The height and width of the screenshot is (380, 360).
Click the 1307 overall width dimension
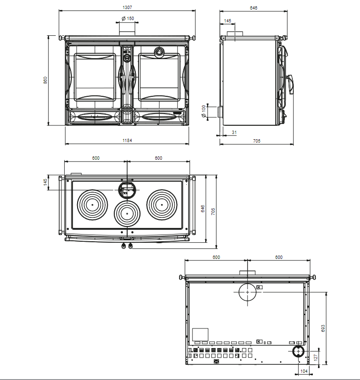tap(127, 8)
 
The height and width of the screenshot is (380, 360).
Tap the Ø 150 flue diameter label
tap(128, 19)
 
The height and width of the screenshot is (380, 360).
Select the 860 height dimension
tap(45, 80)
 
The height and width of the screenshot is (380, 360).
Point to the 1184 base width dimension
tap(127, 140)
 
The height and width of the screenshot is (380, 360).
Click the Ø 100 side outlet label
tap(204, 111)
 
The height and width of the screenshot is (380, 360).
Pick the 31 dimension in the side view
tap(234, 133)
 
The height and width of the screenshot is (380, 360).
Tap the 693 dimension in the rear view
tap(323, 329)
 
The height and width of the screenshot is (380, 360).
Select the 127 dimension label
tap(315, 357)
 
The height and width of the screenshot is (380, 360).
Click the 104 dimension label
tap(304, 371)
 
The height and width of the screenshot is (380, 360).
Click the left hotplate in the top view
tap(92, 205)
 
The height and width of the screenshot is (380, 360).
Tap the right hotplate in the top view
tap(162, 205)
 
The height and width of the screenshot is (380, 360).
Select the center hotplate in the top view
tap(127, 214)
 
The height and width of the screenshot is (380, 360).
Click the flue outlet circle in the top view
tap(127, 190)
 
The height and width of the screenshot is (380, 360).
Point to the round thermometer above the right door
tap(160, 51)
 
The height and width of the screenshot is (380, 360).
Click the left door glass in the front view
tap(95, 77)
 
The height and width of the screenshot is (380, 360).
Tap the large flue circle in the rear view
tap(248, 292)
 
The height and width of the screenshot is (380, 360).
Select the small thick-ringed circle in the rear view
tap(298, 351)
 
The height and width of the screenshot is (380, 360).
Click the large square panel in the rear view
tap(200, 335)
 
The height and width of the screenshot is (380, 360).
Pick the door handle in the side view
tap(290, 84)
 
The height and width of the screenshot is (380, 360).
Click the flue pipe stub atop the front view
tap(127, 33)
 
